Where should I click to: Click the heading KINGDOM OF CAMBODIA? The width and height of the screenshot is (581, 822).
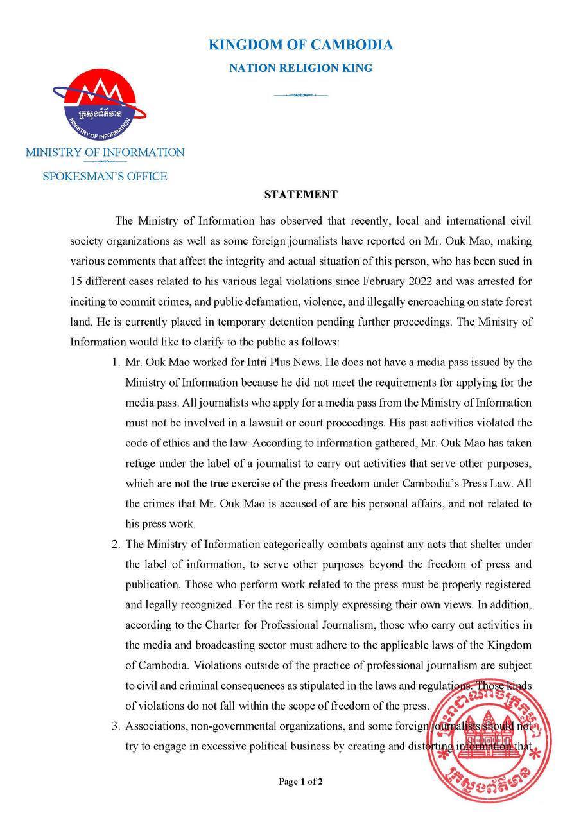(x=300, y=45)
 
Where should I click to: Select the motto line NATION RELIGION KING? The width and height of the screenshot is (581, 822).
(x=300, y=68)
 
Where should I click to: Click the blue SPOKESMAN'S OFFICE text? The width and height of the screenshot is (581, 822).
(x=105, y=176)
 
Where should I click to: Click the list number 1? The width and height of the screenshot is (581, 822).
(x=116, y=363)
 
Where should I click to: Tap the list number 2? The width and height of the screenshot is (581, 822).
(x=116, y=545)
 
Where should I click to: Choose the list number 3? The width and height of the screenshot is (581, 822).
(x=116, y=726)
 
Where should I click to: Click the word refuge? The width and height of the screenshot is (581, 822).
(x=141, y=464)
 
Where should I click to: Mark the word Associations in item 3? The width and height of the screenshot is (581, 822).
(x=157, y=726)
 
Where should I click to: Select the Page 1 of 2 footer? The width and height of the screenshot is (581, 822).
(x=300, y=782)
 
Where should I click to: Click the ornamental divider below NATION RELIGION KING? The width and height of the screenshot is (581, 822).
(x=300, y=96)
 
